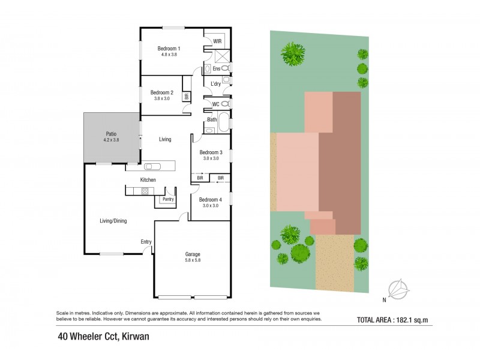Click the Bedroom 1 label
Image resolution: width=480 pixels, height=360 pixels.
(169, 48)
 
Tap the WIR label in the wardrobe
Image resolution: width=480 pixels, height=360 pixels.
(217, 41)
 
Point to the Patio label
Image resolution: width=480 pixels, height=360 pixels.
(111, 134)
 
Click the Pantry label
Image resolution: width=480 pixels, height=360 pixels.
(167, 199)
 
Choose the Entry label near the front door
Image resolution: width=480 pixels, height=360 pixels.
(146, 242)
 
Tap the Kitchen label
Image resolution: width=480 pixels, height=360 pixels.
(148, 180)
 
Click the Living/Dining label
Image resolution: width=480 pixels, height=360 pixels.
(113, 221)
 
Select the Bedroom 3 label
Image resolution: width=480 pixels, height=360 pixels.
(211, 152)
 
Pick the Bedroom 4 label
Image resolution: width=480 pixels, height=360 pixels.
(211, 199)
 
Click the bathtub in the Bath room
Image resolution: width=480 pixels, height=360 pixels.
(223, 122)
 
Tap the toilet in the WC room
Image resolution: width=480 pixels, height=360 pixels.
(224, 104)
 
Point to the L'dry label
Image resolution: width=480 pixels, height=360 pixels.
(215, 83)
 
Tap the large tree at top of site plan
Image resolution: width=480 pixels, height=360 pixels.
(293, 53)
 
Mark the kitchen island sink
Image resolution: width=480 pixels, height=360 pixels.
(151, 166)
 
